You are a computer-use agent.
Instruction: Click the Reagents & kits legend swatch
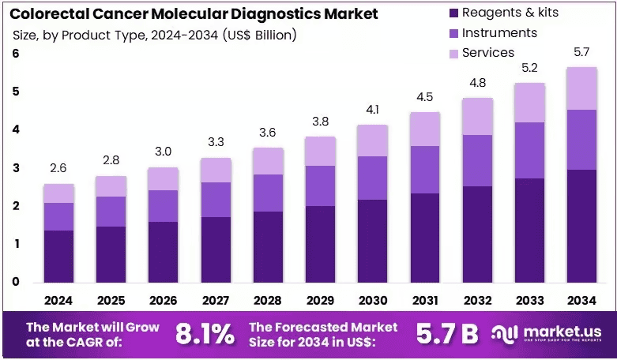tap(453, 13)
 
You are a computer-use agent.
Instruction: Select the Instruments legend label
tap(499, 32)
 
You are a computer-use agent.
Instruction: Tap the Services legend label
tap(488, 53)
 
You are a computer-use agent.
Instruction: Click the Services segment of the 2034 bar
tap(582, 88)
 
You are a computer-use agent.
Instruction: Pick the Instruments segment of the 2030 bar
tap(373, 178)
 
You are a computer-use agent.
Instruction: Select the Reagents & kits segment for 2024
tap(58, 257)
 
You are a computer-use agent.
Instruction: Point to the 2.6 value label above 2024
tap(58, 168)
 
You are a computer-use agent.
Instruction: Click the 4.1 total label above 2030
tap(372, 109)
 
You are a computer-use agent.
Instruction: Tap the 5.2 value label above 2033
tap(529, 68)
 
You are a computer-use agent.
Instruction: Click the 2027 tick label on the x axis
tap(215, 301)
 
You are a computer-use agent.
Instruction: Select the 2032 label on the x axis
tap(477, 301)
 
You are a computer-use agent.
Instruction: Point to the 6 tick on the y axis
tap(16, 54)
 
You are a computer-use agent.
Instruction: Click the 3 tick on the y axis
tap(16, 168)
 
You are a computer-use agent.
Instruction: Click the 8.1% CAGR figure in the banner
tap(205, 335)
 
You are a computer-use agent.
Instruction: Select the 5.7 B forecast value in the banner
tap(447, 335)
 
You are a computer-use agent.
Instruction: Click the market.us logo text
tap(562, 332)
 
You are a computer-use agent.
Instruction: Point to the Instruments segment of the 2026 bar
tap(163, 206)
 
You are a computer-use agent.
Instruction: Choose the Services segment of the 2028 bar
tap(268, 161)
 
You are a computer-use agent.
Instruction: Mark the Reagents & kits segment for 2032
tap(477, 234)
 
